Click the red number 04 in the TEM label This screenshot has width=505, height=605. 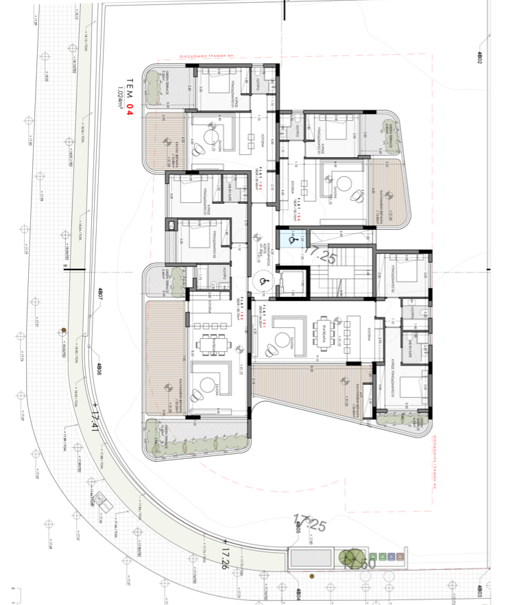pos(128,108)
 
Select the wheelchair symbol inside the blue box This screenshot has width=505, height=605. pos(292,240)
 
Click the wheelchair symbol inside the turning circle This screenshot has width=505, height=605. pos(261,280)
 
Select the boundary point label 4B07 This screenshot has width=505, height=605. pos(99,296)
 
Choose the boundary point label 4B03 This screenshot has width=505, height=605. pos(480,589)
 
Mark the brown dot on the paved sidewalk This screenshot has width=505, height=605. pos(63,331)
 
